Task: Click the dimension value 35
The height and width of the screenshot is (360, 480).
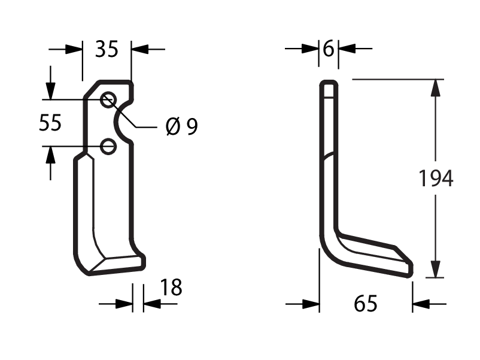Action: click(107, 49)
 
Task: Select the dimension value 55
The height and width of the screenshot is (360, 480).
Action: click(50, 123)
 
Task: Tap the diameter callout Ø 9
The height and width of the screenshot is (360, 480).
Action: click(182, 126)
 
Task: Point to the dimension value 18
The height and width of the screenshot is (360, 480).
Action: click(171, 288)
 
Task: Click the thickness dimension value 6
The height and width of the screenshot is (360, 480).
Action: click(329, 49)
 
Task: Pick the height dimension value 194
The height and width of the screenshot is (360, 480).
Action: click(436, 179)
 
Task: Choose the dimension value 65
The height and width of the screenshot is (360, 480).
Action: click(366, 304)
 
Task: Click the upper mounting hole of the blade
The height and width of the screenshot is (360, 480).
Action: click(108, 99)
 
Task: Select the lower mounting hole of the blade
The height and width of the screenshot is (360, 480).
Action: click(108, 146)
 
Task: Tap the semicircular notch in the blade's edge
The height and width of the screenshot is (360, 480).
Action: click(117, 122)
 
